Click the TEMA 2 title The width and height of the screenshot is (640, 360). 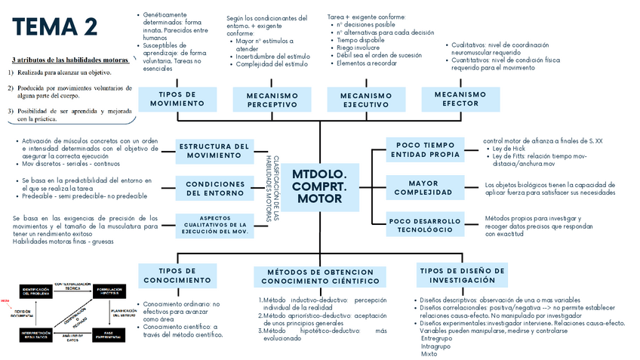[x=54, y=27]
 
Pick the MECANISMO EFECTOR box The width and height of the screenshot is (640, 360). [x=460, y=99]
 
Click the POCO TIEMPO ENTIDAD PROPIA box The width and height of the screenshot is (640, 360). [x=424, y=149]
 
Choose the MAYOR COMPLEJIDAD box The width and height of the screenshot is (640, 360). [x=424, y=187]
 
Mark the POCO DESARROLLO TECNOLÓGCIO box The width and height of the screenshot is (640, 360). [x=424, y=225]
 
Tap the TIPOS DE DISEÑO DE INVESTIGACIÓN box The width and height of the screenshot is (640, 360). [x=462, y=275]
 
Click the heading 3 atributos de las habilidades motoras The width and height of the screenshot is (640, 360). [x=70, y=60]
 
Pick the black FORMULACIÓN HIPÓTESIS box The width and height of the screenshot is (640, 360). [x=109, y=291]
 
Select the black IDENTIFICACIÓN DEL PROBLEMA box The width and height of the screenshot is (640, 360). [x=35, y=291]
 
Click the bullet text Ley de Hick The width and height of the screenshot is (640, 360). [x=511, y=149]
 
